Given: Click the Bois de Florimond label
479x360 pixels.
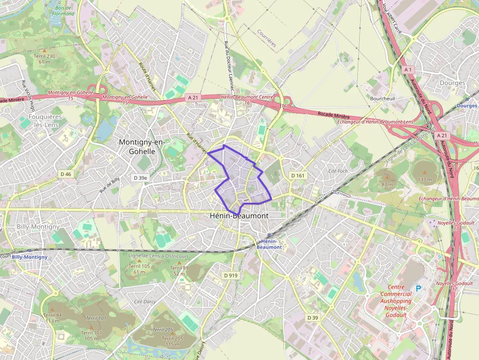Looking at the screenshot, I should click(x=64, y=10).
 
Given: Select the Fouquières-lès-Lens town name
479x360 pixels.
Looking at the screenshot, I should click(x=46, y=121).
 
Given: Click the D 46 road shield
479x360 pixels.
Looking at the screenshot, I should click(x=65, y=174).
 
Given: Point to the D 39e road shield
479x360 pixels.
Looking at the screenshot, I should click(x=140, y=178).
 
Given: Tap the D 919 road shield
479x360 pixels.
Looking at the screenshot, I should click(x=231, y=275).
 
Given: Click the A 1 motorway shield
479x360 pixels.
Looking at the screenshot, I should click(x=408, y=70).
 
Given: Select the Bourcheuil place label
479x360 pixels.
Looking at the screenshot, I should click(x=382, y=98).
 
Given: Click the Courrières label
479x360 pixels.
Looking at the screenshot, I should click(x=267, y=38).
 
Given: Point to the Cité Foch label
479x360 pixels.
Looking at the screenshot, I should click(x=338, y=171).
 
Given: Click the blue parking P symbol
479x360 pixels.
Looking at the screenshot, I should click(x=418, y=288).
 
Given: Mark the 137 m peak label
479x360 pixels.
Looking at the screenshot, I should click(x=425, y=179).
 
